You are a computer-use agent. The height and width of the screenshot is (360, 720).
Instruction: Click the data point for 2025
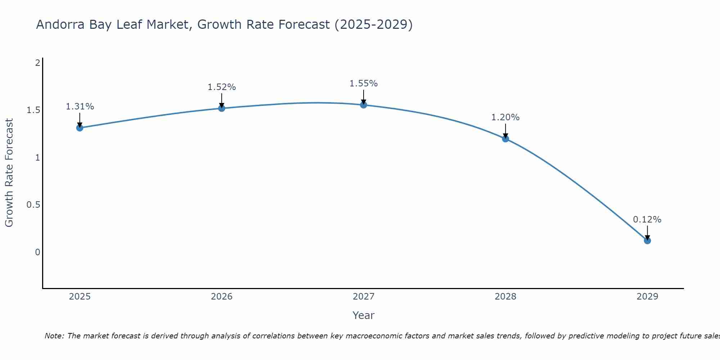[80, 128]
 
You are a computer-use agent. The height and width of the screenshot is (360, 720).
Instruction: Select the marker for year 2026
[222, 108]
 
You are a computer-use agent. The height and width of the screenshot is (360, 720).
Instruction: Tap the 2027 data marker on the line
[364, 105]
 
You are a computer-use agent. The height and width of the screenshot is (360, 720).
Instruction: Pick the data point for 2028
[505, 139]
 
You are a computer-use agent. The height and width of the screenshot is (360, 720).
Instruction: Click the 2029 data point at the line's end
[647, 240]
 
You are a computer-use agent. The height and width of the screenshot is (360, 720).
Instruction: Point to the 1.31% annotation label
[80, 107]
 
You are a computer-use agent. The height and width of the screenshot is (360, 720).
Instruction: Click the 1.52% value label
[222, 87]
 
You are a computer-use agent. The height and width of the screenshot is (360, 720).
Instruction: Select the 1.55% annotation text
[364, 84]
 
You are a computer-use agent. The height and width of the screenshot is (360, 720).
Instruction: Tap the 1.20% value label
[505, 117]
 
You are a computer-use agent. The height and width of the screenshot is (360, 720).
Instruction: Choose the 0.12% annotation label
[647, 220]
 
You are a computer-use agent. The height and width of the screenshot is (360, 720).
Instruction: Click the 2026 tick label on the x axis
[222, 297]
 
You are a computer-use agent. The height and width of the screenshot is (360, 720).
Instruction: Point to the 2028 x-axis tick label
[505, 297]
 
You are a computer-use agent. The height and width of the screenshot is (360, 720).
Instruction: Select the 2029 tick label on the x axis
[647, 297]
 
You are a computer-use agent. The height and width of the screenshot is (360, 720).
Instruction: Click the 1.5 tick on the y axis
[33, 110]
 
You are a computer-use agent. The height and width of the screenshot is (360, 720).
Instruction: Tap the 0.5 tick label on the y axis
[33, 205]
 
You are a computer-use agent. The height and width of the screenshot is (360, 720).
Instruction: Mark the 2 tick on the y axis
[37, 63]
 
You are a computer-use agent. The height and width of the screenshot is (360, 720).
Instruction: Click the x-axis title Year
[364, 315]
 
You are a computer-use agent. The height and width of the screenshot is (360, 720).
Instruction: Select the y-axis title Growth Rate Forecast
[9, 173]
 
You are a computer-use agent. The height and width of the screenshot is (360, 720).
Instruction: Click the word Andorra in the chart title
[57, 25]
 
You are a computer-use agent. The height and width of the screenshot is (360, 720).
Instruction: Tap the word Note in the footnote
[54, 336]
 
